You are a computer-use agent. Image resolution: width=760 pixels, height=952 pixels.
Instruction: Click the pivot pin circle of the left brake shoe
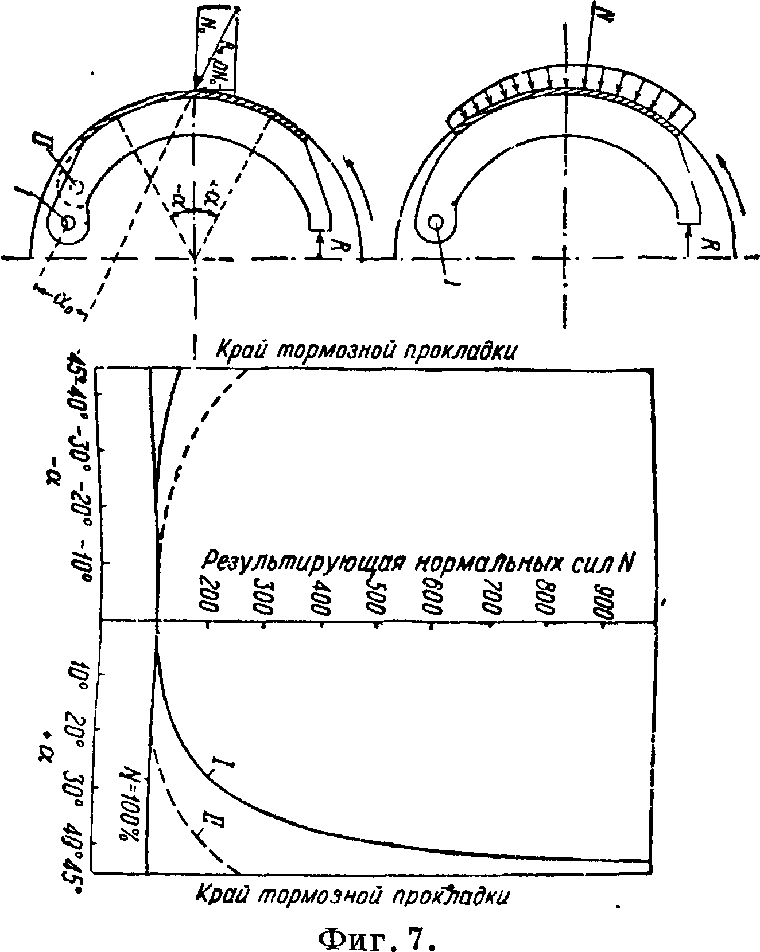tap(68, 223)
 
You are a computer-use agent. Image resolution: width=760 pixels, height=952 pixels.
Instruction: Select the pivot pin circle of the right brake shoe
tap(436, 221)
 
